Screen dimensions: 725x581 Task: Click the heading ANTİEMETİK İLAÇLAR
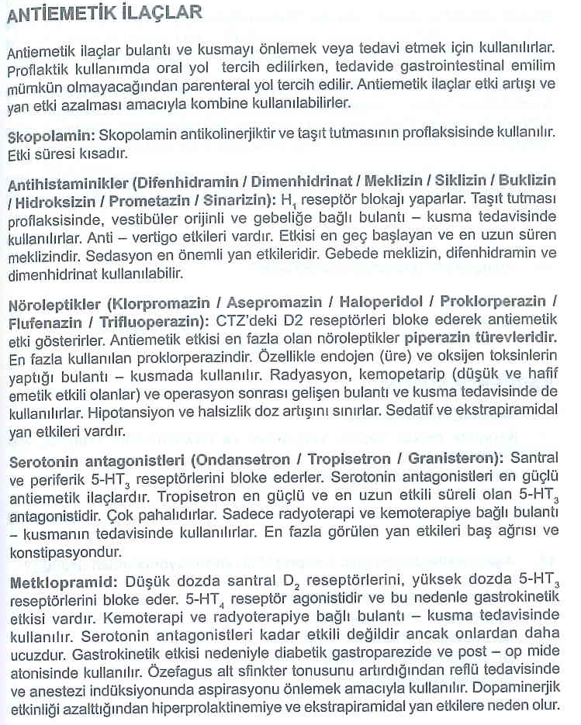coord(105,13)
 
